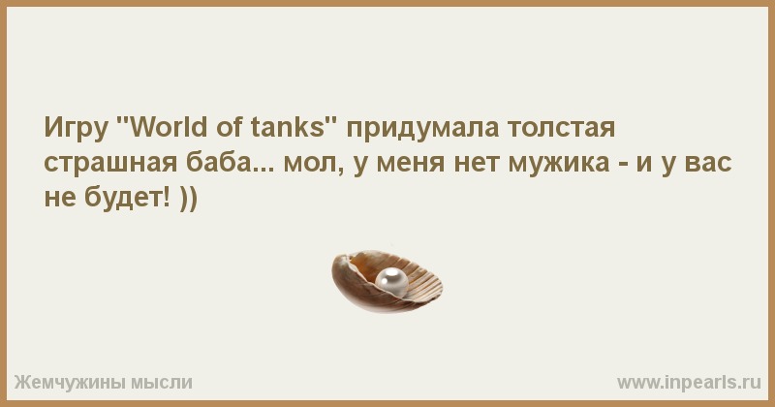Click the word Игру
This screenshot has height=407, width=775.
(77, 129)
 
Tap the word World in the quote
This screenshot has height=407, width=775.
(170, 127)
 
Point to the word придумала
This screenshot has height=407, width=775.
(422, 129)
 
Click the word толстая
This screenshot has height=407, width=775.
(562, 129)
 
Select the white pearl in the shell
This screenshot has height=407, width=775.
(391, 281)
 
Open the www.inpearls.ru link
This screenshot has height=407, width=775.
(689, 383)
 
